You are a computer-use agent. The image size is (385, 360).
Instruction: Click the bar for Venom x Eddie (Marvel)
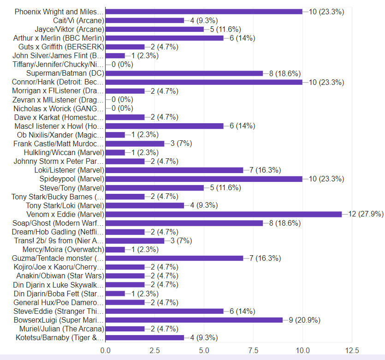[x=224, y=214]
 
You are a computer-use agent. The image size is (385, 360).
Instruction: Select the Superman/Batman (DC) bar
[x=184, y=73]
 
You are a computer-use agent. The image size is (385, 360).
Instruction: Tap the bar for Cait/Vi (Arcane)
[x=145, y=20]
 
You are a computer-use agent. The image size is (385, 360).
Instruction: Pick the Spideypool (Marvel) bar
[x=204, y=179]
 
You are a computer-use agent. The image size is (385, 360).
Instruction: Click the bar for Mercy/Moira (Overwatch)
[x=115, y=249]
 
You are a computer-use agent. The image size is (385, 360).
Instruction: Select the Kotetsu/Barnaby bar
[x=145, y=337]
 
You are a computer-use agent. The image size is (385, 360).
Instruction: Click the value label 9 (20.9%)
[x=305, y=320]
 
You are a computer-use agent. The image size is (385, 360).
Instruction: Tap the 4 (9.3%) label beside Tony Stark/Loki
[x=204, y=205]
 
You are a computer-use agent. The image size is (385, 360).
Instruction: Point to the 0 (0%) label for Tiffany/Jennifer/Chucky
[x=122, y=65]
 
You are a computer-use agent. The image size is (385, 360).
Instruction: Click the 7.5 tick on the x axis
[x=253, y=350]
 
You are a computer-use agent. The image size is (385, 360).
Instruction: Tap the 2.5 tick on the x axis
[x=154, y=350]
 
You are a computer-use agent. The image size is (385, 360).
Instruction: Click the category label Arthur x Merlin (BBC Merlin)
[x=59, y=38]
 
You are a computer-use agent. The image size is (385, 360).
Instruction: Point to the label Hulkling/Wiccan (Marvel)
[x=64, y=152]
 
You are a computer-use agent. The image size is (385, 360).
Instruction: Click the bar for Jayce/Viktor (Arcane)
[x=154, y=29]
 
